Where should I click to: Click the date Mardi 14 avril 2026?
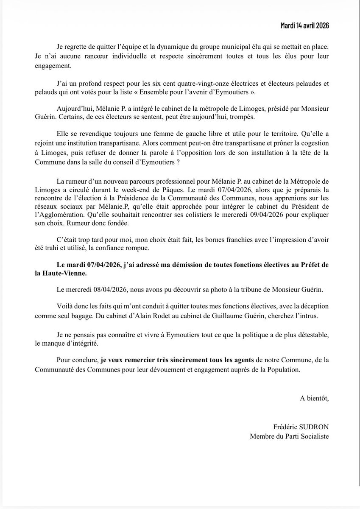(305, 25)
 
